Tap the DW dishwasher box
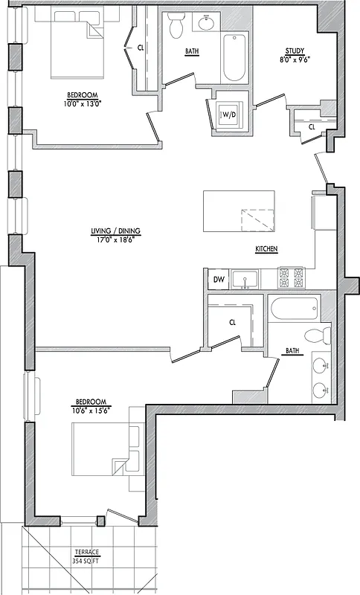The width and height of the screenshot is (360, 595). [x=219, y=279]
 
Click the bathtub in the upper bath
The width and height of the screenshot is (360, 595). [x=234, y=58]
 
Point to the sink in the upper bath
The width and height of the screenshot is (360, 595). [x=205, y=23]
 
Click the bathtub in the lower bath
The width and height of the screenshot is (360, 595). [x=293, y=307]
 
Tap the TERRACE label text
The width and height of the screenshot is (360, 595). [x=86, y=552]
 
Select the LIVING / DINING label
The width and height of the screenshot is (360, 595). [x=115, y=231]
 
